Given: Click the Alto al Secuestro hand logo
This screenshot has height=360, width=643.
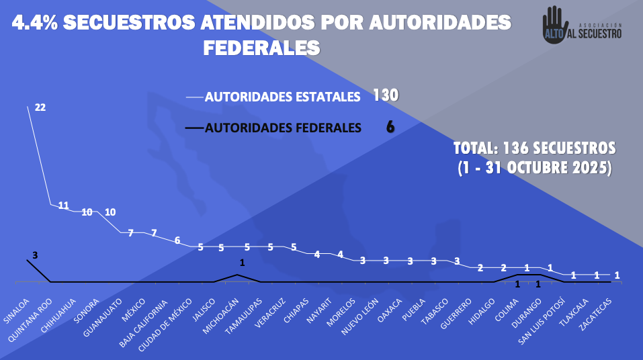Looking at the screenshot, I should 552,28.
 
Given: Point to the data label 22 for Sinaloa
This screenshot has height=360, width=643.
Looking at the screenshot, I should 40,107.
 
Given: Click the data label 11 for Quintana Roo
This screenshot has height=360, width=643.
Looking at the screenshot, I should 63,206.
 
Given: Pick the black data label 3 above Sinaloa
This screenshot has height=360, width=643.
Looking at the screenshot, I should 35,255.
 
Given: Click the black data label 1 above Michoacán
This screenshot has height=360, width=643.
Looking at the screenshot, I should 242,263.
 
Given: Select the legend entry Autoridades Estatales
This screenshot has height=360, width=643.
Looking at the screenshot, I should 282,97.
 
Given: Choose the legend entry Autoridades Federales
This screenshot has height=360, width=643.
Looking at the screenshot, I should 282,128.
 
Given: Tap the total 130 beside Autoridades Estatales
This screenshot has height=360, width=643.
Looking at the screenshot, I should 386,95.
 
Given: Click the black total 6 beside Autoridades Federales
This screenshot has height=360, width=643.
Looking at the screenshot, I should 390,127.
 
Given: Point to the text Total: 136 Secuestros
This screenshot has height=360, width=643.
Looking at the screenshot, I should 534,147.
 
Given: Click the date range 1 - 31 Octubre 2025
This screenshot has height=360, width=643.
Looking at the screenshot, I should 534,168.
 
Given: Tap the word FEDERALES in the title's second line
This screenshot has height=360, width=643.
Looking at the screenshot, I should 261,48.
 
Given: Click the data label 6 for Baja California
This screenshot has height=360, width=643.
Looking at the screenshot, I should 177,240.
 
